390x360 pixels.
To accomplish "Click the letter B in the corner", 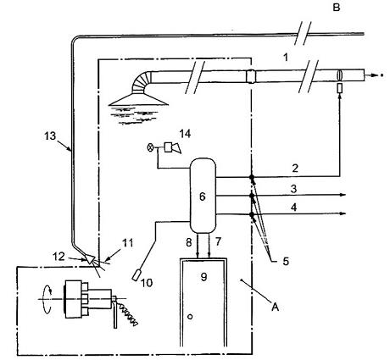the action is pyautogui.click(x=336, y=8).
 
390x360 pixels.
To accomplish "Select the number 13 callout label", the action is pyautogui.click(x=50, y=136).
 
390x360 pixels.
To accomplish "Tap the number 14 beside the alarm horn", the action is pyautogui.click(x=185, y=134).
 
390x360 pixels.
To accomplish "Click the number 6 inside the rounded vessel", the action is pyautogui.click(x=202, y=197).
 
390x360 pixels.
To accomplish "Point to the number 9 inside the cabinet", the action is pyautogui.click(x=203, y=277).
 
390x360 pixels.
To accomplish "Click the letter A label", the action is pyautogui.click(x=275, y=307).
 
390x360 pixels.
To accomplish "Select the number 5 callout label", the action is pyautogui.click(x=286, y=262).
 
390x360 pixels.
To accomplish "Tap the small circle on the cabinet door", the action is pyautogui.click(x=190, y=317).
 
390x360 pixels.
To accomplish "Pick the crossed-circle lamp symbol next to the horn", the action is pyautogui.click(x=151, y=147).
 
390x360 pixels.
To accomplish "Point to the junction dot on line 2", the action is pyautogui.click(x=252, y=177).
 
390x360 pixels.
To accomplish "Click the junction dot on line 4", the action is pyautogui.click(x=252, y=214).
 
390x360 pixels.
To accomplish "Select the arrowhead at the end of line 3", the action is pyautogui.click(x=343, y=195).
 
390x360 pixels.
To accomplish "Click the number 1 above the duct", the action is pyautogui.click(x=286, y=58).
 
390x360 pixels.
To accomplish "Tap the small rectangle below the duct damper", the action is pyautogui.click(x=340, y=88).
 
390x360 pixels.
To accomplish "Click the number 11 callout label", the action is pyautogui.click(x=127, y=243).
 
